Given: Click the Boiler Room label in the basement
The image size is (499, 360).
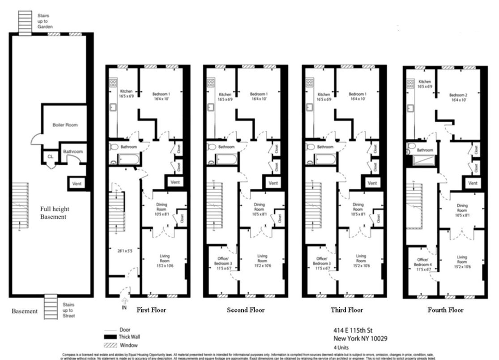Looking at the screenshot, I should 65,125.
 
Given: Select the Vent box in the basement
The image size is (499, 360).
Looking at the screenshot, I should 77,183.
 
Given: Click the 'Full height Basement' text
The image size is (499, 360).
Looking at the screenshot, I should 55,213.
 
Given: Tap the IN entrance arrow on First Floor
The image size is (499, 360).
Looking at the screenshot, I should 124,304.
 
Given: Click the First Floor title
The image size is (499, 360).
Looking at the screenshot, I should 151,310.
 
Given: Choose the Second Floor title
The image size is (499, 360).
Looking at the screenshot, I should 246,310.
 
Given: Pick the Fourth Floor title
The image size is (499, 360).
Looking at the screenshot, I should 445,310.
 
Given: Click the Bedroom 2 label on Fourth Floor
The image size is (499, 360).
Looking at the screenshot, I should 458,98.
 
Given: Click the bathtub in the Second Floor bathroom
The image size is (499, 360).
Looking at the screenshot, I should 226,159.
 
